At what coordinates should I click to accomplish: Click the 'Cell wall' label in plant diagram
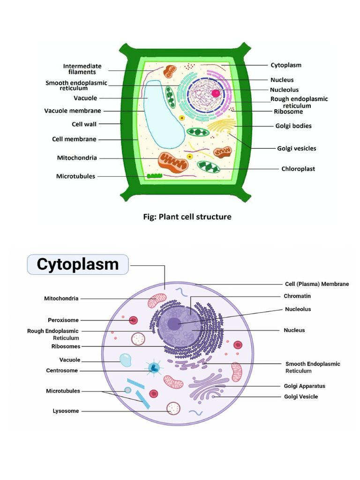84,124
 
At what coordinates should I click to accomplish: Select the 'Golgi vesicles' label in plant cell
296,149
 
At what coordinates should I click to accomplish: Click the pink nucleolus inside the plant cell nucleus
216,93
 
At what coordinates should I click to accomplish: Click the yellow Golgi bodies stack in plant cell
221,126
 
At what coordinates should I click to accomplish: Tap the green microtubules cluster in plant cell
154,177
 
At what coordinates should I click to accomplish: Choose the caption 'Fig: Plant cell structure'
187,217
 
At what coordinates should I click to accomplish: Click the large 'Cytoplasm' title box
78,264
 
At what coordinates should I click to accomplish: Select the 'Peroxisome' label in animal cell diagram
63,320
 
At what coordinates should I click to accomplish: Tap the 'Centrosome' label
62,371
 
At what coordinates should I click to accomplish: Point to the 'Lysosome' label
66,411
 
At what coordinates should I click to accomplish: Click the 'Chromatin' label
297,296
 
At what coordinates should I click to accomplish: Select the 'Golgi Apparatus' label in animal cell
304,386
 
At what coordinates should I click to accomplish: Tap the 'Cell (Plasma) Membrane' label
317,284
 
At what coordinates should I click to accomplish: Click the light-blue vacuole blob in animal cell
126,360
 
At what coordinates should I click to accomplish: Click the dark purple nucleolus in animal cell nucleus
174,323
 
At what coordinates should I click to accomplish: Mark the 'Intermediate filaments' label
82,69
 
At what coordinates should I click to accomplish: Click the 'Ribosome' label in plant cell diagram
288,112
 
